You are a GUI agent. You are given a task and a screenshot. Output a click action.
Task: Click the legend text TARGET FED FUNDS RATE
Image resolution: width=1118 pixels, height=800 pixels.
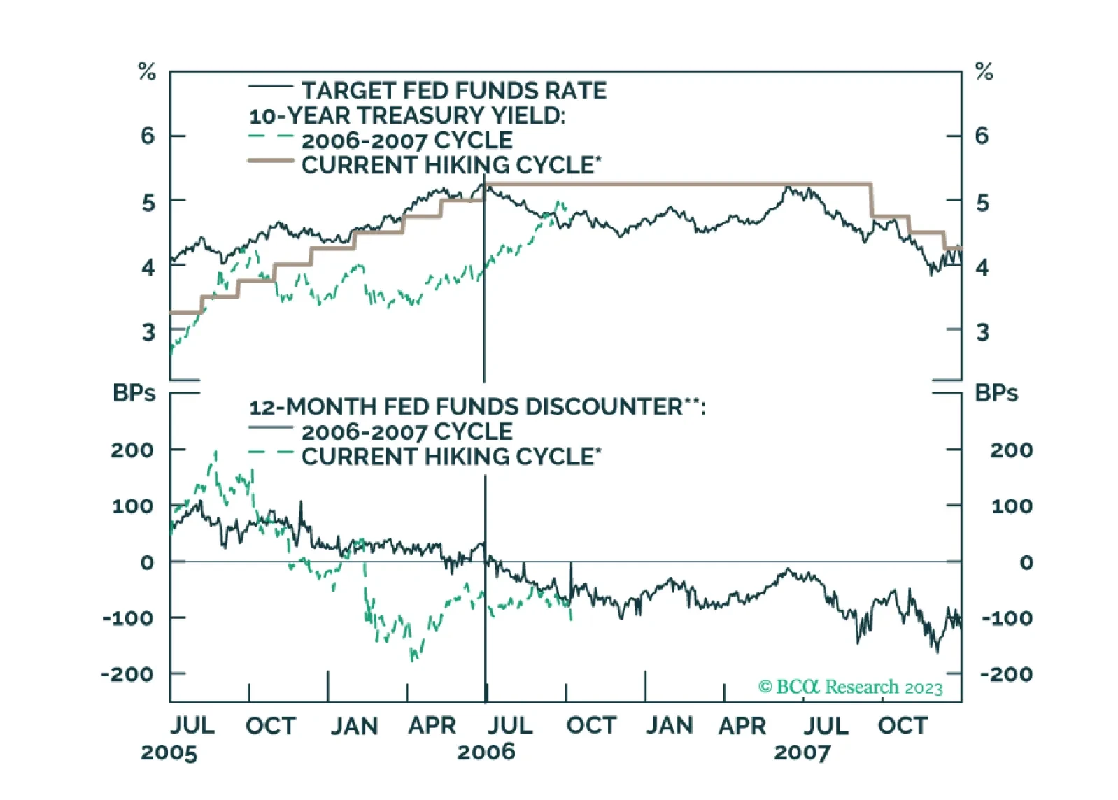tap(453, 91)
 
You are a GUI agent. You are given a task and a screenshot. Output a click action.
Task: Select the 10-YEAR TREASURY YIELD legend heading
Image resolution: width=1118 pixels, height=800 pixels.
tap(407, 115)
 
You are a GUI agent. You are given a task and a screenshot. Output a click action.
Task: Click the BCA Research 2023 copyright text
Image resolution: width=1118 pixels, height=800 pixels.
tap(850, 687)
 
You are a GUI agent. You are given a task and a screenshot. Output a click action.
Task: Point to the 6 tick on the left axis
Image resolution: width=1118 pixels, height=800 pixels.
tap(148, 136)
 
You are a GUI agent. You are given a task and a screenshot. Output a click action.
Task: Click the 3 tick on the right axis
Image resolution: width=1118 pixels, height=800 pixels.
tap(983, 332)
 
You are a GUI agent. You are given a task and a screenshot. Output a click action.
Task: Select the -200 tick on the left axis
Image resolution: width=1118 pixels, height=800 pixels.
tap(127, 674)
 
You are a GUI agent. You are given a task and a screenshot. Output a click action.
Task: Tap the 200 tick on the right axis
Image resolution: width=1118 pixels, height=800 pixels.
tap(1011, 450)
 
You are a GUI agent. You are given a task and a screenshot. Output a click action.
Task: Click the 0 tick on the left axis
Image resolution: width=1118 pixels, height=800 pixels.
tap(147, 562)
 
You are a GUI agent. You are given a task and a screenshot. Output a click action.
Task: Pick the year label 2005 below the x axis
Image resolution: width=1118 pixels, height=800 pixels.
tap(169, 752)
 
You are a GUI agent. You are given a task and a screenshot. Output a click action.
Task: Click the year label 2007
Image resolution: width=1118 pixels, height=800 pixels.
tap(802, 752)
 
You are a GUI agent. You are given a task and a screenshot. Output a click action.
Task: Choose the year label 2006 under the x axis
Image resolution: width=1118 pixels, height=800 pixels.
tap(486, 752)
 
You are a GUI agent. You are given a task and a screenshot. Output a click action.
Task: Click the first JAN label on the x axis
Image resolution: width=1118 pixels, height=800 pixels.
tap(354, 726)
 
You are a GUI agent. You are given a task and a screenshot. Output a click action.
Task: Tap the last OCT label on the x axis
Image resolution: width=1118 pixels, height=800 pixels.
tap(903, 726)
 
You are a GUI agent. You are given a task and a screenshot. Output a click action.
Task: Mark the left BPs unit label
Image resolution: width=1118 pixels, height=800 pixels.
tap(134, 393)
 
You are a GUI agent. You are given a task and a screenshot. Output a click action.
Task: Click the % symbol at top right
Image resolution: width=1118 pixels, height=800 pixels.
tap(984, 71)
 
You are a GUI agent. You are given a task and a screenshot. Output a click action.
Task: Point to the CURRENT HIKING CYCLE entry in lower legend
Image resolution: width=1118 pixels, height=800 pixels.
tap(451, 457)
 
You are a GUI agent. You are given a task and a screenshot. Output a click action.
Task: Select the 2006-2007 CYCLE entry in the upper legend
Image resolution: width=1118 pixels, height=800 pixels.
tap(406, 141)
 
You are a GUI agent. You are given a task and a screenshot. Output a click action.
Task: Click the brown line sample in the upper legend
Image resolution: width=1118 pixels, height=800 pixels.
tap(270, 162)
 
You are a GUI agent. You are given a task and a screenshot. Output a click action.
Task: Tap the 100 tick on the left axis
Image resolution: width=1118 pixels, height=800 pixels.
tap(132, 506)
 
